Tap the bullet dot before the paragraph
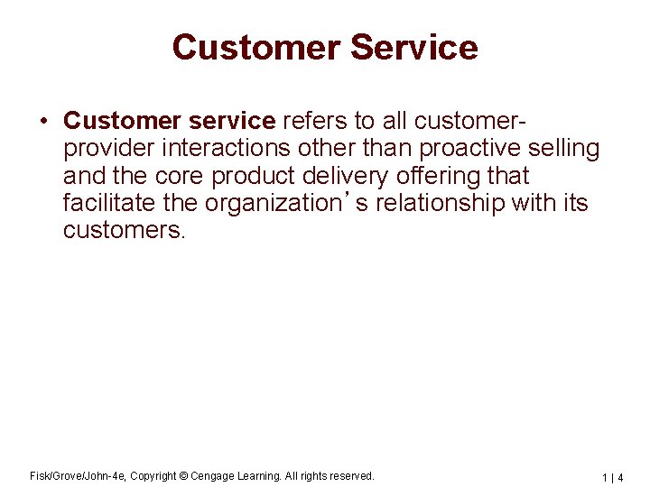(x=42, y=121)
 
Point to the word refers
(x=311, y=121)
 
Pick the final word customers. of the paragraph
(x=124, y=230)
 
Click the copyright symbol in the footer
(x=182, y=475)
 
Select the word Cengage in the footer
(x=213, y=475)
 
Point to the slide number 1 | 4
(x=614, y=476)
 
